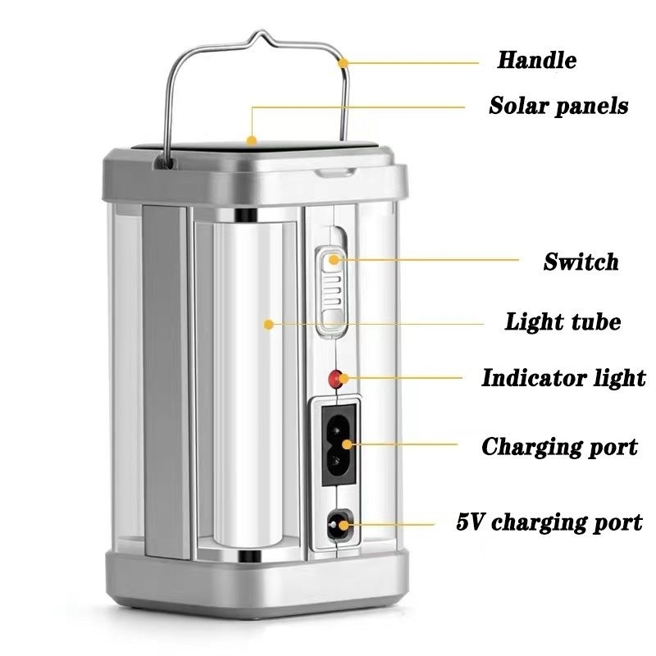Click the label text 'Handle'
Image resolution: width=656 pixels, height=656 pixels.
point(536,60)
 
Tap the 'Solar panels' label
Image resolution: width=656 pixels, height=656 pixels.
point(558,106)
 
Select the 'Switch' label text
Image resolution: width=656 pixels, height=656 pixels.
point(581,262)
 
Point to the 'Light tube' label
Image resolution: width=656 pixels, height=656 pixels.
point(562,322)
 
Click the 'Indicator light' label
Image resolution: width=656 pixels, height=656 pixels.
point(563,378)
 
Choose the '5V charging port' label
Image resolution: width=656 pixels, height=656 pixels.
point(549,522)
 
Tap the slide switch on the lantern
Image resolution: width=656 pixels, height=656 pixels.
point(331,291)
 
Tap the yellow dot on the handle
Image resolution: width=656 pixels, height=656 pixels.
point(343,61)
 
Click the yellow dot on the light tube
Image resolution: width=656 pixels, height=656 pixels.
point(267,325)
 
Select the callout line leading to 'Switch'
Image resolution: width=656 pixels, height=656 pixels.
point(426,261)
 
